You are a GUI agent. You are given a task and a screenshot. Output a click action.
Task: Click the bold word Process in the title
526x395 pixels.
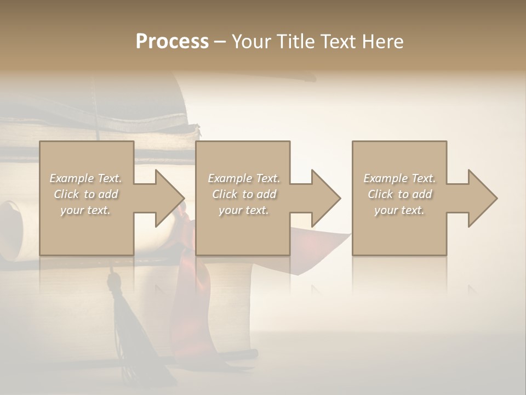[x=172, y=42]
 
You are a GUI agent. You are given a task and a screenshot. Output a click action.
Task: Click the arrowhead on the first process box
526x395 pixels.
[x=168, y=198]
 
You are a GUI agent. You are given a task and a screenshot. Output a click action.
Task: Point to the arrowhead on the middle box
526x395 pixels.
[x=324, y=198]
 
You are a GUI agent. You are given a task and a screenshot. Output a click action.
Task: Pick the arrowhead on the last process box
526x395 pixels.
[x=481, y=198]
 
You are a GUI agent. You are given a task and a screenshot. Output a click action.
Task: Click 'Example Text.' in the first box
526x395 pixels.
[x=85, y=178]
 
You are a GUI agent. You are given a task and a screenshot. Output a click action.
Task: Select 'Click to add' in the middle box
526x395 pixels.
[x=244, y=194]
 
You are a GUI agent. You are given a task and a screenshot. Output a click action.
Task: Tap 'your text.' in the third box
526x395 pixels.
[x=399, y=210]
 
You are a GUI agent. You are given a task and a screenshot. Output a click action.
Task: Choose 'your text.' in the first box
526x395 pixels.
[x=85, y=210]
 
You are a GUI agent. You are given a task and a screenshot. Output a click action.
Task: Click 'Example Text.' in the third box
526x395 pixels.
[x=399, y=178]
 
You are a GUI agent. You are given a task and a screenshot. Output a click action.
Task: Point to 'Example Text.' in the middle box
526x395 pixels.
[x=244, y=178]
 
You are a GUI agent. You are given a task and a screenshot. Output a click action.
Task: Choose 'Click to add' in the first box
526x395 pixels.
[x=85, y=194]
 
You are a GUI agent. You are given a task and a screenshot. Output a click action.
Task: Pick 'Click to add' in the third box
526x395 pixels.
[x=399, y=194]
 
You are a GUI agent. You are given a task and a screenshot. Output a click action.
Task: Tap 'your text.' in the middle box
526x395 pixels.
[x=244, y=210]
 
